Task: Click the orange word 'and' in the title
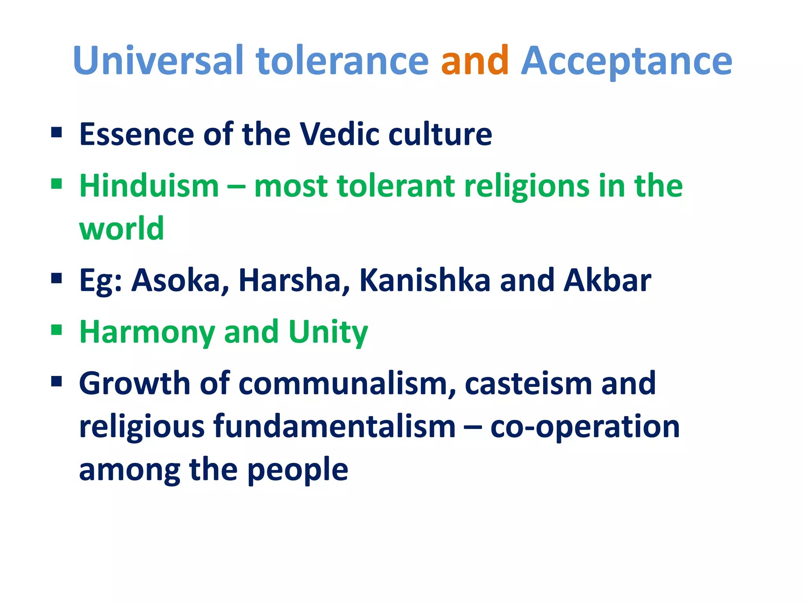[474, 61]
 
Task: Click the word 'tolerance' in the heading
[342, 61]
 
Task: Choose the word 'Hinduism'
[149, 186]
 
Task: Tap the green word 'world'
[121, 228]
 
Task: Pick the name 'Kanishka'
[425, 281]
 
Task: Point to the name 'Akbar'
[607, 281]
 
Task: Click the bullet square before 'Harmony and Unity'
[57, 330]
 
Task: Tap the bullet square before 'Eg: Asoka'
[57, 278]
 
